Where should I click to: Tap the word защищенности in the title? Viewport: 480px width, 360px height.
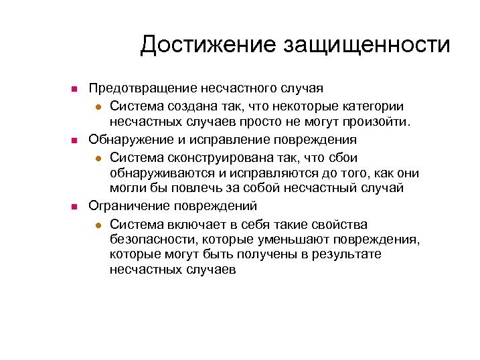click(367, 46)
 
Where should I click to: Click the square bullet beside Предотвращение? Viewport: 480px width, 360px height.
click(76, 89)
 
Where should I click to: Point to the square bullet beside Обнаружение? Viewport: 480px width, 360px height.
click(76, 141)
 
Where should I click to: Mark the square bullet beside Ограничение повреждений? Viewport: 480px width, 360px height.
click(76, 207)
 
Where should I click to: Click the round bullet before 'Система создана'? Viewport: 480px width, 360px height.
click(98, 106)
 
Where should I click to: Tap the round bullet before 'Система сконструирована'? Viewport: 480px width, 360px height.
click(98, 158)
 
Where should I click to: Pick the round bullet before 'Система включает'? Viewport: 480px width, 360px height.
click(98, 225)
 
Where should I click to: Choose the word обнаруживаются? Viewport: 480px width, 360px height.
click(155, 173)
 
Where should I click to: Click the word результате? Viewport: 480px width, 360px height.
click(347, 255)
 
